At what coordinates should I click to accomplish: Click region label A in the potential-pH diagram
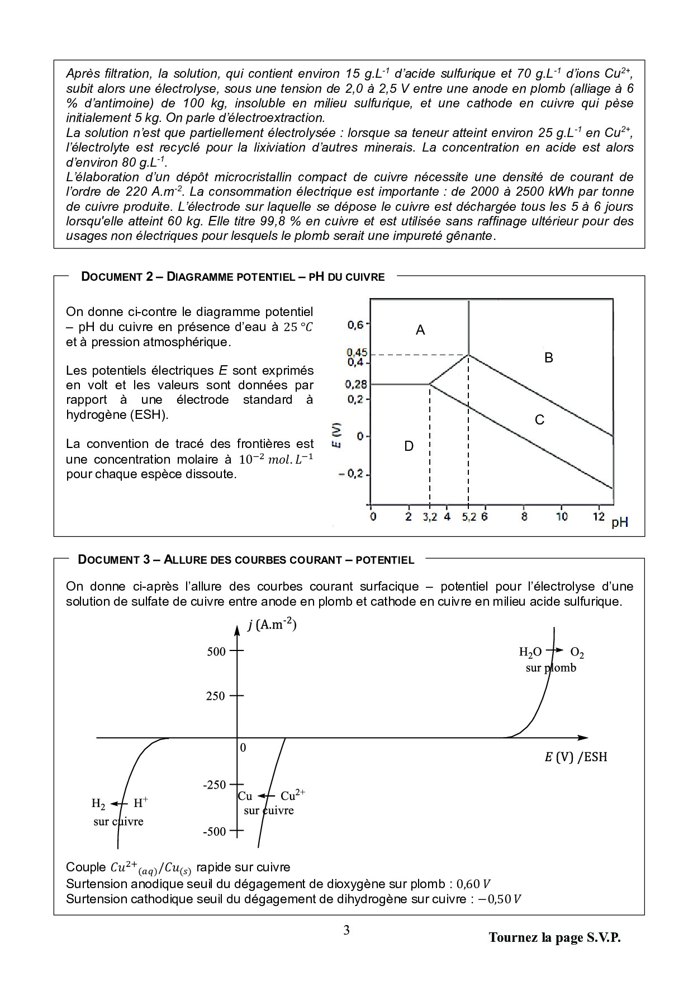420,331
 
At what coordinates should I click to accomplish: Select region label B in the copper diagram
549,358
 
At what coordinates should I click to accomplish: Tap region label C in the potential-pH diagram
539,420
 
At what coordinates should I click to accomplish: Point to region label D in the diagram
409,446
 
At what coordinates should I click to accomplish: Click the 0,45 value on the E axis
357,352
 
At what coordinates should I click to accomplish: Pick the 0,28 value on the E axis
356,384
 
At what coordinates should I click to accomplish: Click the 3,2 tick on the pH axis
429,517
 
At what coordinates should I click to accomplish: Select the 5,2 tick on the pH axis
469,517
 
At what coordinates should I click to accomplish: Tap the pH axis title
620,522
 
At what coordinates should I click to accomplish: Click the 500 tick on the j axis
216,652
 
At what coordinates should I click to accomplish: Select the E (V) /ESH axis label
576,757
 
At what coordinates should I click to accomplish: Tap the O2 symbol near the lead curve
577,653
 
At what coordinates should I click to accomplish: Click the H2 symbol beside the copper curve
98,804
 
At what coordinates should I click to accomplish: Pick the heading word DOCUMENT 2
117,277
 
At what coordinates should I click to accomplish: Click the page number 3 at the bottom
346,931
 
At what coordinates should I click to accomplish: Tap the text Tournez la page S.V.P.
554,938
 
